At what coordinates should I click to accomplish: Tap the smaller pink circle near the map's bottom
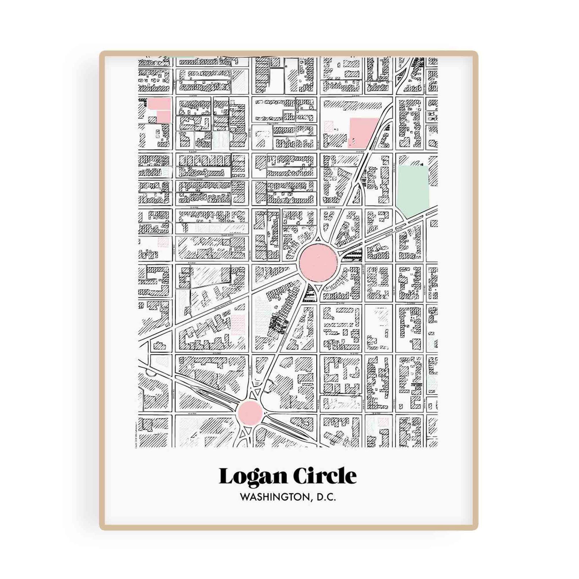pyautogui.click(x=250, y=413)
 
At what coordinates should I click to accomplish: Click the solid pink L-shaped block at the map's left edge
pyautogui.click(x=160, y=110)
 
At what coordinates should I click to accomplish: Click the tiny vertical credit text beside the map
pyautogui.click(x=136, y=434)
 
